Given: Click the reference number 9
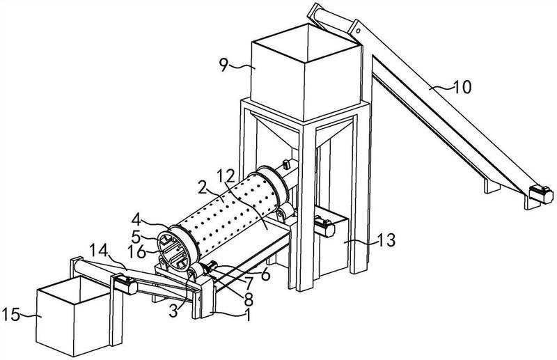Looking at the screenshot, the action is [x=223, y=64].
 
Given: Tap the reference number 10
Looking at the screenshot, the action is [x=462, y=87].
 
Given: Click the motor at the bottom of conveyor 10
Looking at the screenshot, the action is [x=541, y=194].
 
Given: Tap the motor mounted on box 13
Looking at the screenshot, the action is [x=324, y=226].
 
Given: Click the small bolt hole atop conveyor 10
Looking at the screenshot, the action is [x=359, y=31].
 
